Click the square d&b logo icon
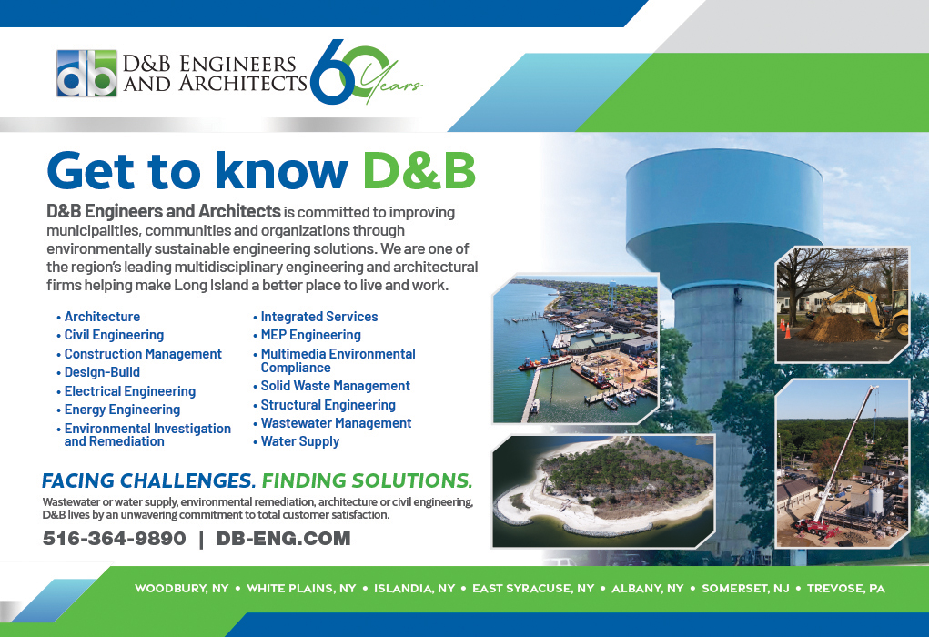point(86,73)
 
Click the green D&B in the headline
point(419,171)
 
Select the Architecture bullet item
point(98,317)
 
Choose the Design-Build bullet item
point(98,372)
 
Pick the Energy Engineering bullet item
point(118,409)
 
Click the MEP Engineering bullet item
point(307,335)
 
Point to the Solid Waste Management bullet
point(332,386)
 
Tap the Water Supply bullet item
point(297,441)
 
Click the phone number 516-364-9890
point(115,538)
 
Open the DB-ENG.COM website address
point(283,538)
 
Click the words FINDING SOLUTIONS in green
point(367,480)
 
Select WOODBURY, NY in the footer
point(181,589)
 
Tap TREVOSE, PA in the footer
point(845,589)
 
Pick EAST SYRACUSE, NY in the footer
point(533,589)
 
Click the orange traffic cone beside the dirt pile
point(787,329)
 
